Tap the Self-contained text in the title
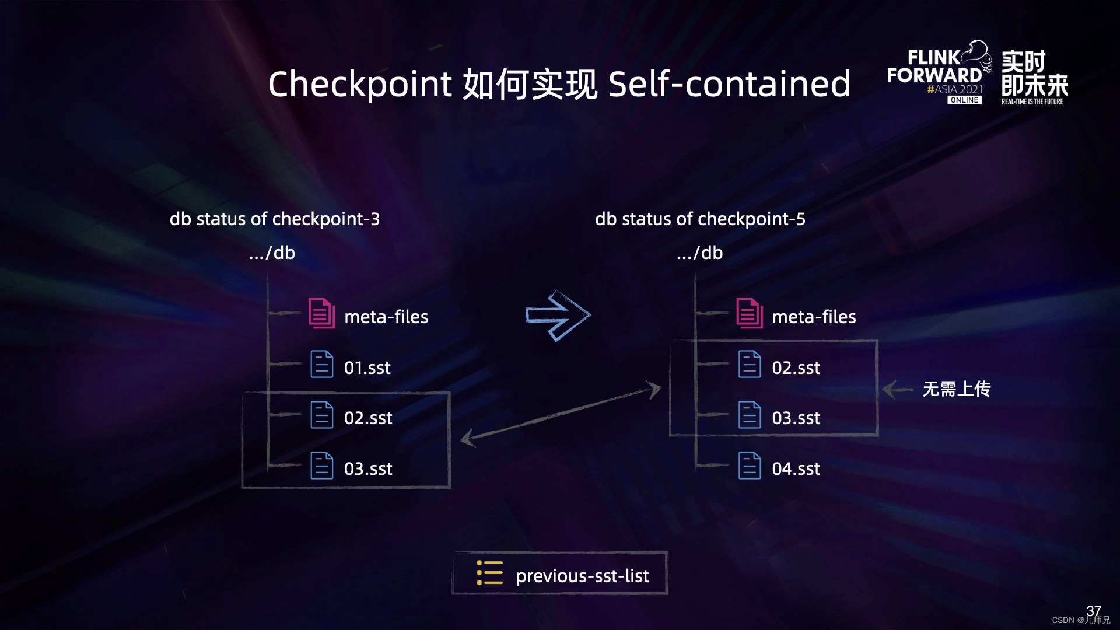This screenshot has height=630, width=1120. point(729,83)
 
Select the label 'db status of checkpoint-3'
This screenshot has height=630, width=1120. point(274,219)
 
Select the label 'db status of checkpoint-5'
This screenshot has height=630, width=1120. point(700,219)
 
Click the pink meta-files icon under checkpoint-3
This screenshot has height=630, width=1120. point(321,313)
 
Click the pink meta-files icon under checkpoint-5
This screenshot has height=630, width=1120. point(750,313)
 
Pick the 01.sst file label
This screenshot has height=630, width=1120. point(367,367)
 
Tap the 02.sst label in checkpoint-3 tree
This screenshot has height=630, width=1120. point(368,418)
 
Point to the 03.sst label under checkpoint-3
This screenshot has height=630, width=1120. point(368,468)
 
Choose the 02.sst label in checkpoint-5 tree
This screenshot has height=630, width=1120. point(796,367)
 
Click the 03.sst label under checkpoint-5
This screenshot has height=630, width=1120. point(796,418)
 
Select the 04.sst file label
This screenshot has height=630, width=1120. point(796,468)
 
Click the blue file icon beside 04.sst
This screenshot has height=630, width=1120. point(750,466)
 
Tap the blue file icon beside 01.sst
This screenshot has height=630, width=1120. point(321,364)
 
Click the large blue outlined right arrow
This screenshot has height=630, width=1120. point(558,316)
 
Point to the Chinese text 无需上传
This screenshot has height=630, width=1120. point(956,388)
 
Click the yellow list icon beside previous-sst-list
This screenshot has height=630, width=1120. point(489,573)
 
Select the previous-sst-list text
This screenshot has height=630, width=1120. point(582,576)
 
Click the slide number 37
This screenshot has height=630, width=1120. point(1093,610)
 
